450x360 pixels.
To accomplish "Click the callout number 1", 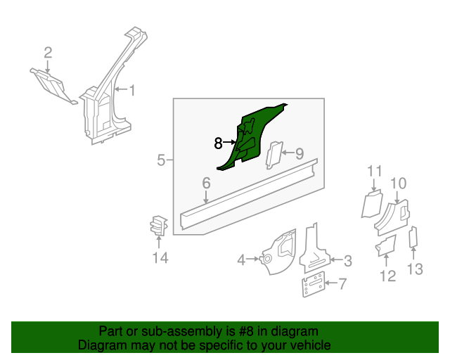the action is pyautogui.click(x=132, y=91).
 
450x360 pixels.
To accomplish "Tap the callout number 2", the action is pyautogui.click(x=48, y=53).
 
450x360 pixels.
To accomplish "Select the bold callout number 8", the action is pyautogui.click(x=218, y=143).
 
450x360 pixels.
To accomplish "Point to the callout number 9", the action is pyautogui.click(x=300, y=153).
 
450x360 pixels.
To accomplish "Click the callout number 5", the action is pyautogui.click(x=161, y=160).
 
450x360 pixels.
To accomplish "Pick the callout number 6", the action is pyautogui.click(x=206, y=183).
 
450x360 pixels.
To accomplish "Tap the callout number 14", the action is pyautogui.click(x=160, y=257).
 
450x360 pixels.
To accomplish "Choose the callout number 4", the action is pyautogui.click(x=241, y=260).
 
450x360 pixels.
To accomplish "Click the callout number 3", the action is pyautogui.click(x=348, y=261).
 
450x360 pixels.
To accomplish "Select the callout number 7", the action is pyautogui.click(x=342, y=284).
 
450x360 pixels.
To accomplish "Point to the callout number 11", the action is pyautogui.click(x=375, y=172).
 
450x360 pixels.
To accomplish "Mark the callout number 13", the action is pyautogui.click(x=415, y=269).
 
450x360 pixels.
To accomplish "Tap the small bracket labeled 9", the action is pyautogui.click(x=274, y=155).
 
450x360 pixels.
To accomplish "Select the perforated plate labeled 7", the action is pyautogui.click(x=314, y=284).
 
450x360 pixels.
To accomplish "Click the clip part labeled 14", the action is pyautogui.click(x=158, y=226).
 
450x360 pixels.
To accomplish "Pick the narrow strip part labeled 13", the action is pyautogui.click(x=413, y=237).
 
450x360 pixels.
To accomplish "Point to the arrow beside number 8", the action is pyautogui.click(x=230, y=142).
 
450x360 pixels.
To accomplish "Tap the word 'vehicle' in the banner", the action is pyautogui.click(x=312, y=345).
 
